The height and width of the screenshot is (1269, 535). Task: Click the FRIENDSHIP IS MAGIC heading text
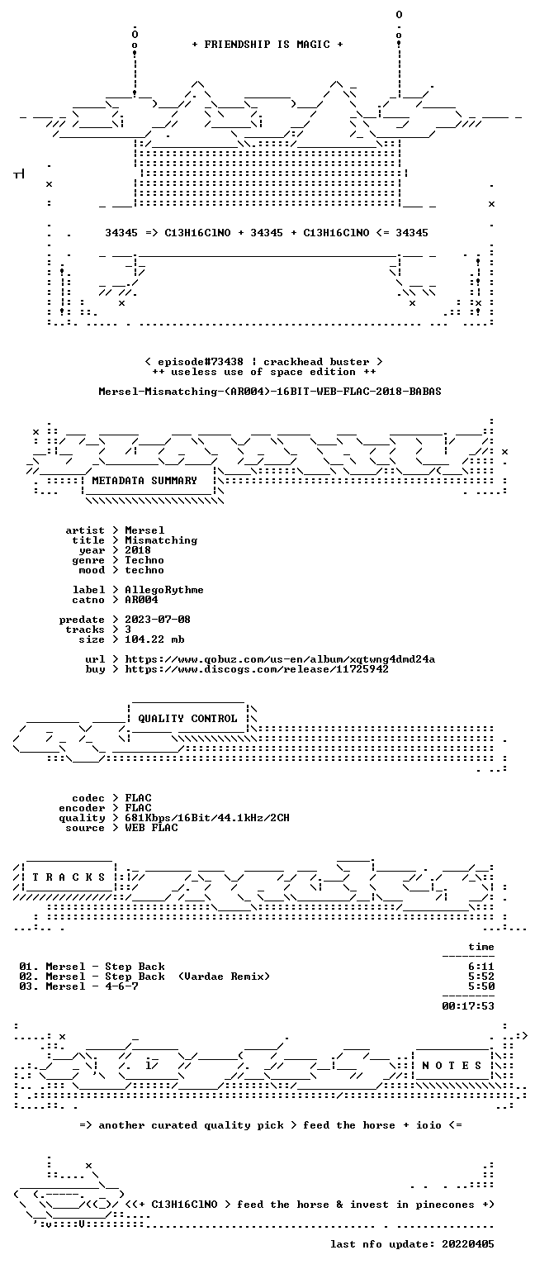pyautogui.click(x=267, y=44)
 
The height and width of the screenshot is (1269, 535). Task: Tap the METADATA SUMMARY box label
pyautogui.click(x=144, y=480)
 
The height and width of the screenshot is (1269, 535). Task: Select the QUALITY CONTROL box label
pyautogui.click(x=187, y=718)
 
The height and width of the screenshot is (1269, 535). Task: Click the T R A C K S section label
pyautogui.click(x=69, y=877)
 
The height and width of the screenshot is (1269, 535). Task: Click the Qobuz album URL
pyautogui.click(x=280, y=659)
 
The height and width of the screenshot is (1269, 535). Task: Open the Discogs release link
pyautogui.click(x=257, y=669)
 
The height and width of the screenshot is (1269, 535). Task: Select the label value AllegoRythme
pyautogui.click(x=164, y=590)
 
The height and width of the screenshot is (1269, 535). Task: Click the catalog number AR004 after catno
pyautogui.click(x=141, y=599)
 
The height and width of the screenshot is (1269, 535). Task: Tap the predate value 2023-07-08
pyautogui.click(x=158, y=619)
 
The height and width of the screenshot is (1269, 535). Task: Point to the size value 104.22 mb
pyautogui.click(x=154, y=639)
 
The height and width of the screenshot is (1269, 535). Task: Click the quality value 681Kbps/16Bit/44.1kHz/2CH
pyautogui.click(x=207, y=817)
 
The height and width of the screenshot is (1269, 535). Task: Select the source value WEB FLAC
pyautogui.click(x=151, y=828)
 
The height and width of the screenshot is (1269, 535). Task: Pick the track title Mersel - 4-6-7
pyautogui.click(x=92, y=986)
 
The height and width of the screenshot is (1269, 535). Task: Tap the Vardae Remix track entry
pyautogui.click(x=158, y=977)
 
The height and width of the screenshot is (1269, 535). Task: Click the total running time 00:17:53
pyautogui.click(x=468, y=1006)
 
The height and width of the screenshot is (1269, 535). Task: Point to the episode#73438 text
pyautogui.click(x=201, y=361)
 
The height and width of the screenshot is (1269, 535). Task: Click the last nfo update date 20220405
pyautogui.click(x=468, y=1244)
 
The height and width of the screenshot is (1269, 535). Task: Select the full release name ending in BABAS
pyautogui.click(x=269, y=391)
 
